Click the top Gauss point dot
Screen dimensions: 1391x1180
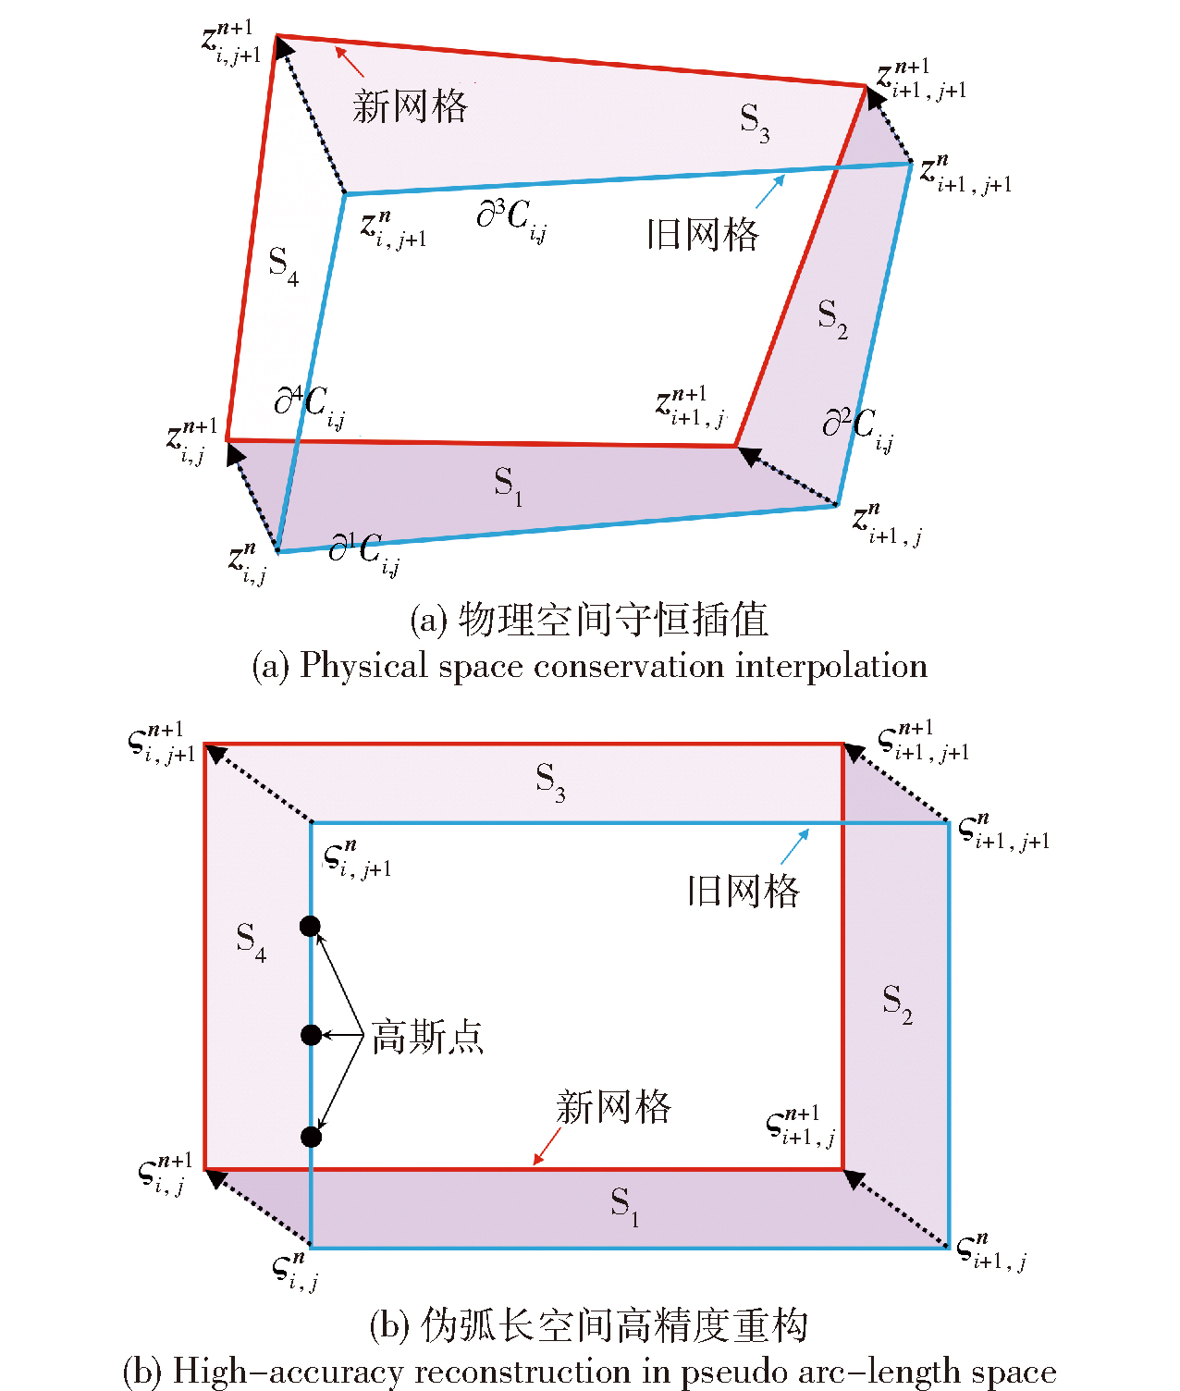[x=311, y=926]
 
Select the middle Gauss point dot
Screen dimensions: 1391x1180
[x=311, y=1034]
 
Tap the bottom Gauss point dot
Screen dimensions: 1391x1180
[x=311, y=1136]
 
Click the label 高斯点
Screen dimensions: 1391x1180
[x=427, y=1037]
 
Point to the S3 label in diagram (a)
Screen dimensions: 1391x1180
[x=755, y=121]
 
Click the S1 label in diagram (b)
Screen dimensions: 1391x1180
[x=624, y=1206]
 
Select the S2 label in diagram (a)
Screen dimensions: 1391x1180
[x=832, y=319]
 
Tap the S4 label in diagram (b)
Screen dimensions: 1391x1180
[x=251, y=942]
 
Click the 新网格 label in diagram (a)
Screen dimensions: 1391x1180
[x=410, y=106]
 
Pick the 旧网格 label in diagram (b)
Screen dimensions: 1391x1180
[x=743, y=891]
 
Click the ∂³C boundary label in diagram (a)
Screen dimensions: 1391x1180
[x=511, y=220]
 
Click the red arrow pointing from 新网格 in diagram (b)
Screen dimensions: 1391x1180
[x=547, y=1147]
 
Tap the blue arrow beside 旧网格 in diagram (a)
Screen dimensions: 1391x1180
[x=770, y=191]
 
